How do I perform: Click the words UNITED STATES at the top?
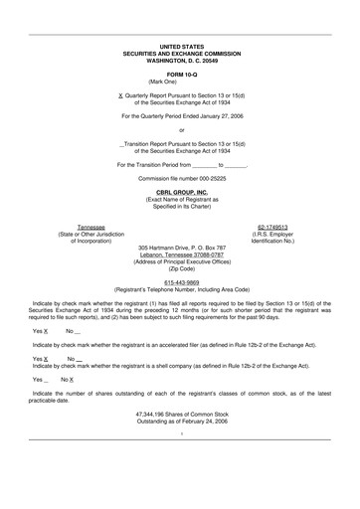click(180, 47)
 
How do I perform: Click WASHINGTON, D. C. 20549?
click(180, 61)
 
